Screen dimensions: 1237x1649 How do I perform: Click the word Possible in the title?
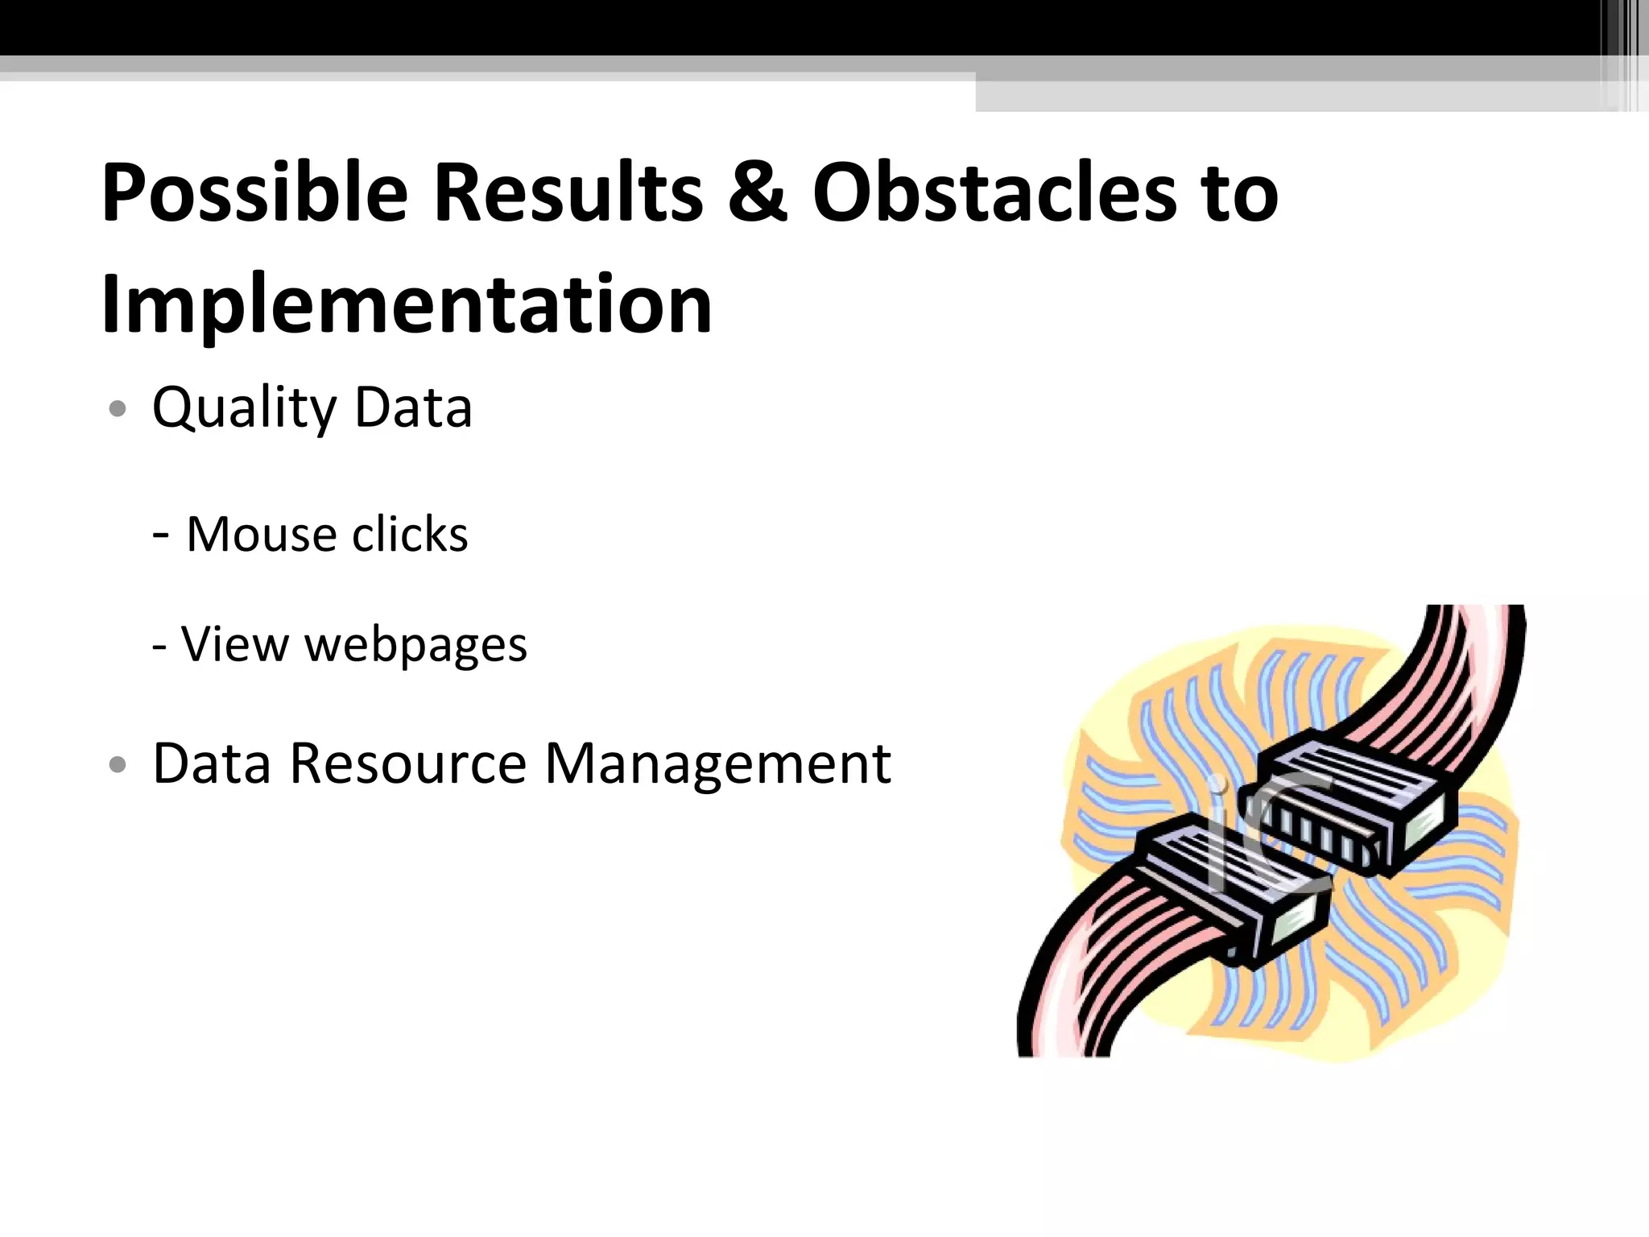click(x=254, y=193)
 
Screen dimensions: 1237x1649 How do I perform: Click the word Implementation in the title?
click(x=407, y=304)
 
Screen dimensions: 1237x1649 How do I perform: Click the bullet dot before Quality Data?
click(x=118, y=409)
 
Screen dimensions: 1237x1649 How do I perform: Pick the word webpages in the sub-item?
click(x=415, y=645)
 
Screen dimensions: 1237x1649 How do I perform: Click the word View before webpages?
click(x=234, y=644)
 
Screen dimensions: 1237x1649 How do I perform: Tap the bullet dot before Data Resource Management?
click(x=118, y=764)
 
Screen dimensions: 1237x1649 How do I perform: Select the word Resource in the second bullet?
click(x=407, y=763)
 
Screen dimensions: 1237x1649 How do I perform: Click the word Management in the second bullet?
click(x=717, y=764)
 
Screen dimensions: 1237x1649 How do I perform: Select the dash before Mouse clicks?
click(x=160, y=534)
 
